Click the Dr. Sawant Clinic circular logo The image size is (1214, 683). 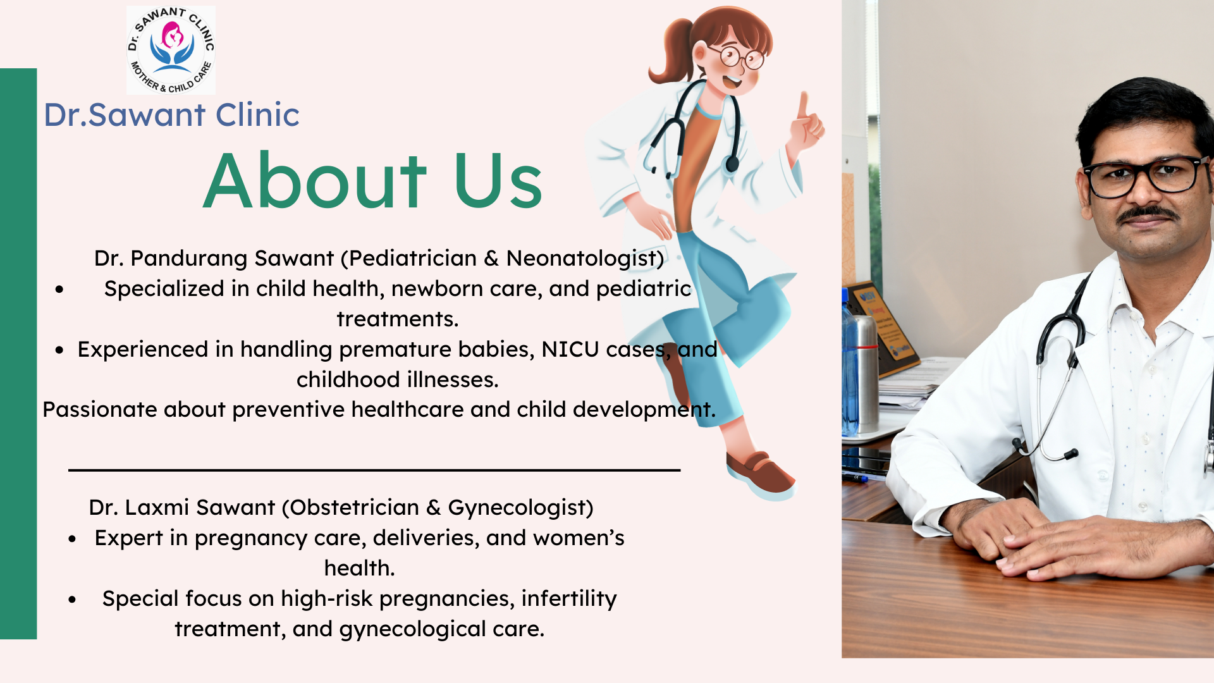[x=171, y=50]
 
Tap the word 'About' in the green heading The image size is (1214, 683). [x=315, y=182]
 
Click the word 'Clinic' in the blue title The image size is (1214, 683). [x=257, y=114]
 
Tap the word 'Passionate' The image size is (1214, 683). [x=99, y=410]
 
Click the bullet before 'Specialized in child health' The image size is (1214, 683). [x=59, y=290]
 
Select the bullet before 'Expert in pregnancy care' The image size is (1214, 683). [x=72, y=539]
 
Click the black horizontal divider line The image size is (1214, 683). [x=374, y=470]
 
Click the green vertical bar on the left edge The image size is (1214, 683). [x=18, y=354]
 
